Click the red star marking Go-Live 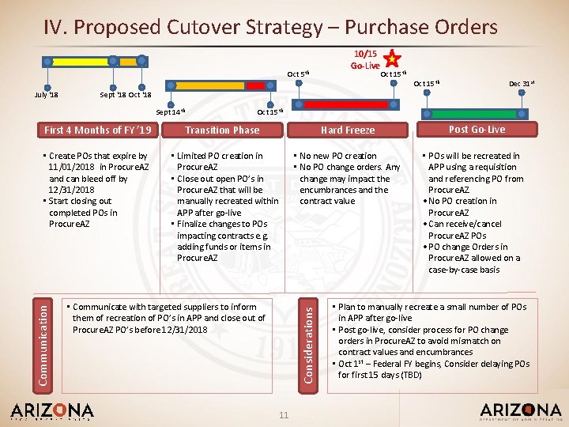click(391, 58)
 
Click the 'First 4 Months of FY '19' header click(98, 130)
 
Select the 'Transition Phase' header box click(222, 130)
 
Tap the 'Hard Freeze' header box click(348, 130)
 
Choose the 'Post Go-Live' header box click(477, 129)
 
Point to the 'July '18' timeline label click(47, 95)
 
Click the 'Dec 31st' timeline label click(519, 82)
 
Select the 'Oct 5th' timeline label click(298, 74)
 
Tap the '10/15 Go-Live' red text click(366, 59)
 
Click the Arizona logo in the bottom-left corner click(52, 412)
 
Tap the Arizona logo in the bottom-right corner click(520, 412)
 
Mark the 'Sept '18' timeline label click(112, 95)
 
